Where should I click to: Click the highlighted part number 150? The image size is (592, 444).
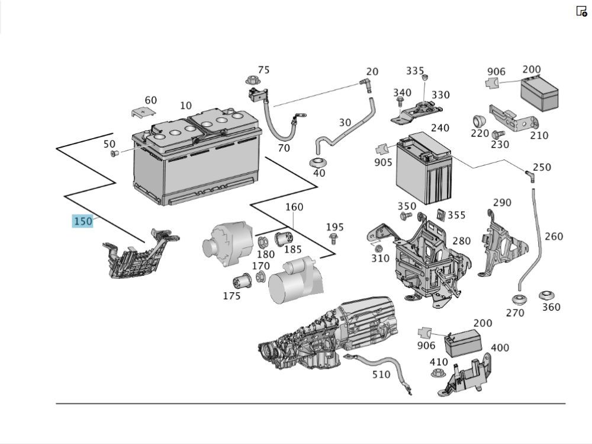click(x=83, y=221)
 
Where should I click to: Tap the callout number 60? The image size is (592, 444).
click(x=151, y=100)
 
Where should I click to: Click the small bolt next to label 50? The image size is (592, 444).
click(x=115, y=154)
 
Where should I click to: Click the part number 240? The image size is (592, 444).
click(x=440, y=128)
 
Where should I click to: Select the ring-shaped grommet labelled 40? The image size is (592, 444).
click(x=319, y=162)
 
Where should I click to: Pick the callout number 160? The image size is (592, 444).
click(x=294, y=207)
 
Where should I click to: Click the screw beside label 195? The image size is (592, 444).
click(x=333, y=239)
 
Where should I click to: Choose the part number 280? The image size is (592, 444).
click(x=461, y=241)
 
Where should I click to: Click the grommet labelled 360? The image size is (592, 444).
click(x=546, y=295)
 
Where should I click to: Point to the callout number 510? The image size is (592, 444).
click(x=381, y=375)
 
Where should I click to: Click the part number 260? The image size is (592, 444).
click(x=554, y=237)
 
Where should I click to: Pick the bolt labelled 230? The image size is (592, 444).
click(x=498, y=135)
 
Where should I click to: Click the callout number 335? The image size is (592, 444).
click(x=415, y=71)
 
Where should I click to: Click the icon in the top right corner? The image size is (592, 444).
click(x=581, y=11)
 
